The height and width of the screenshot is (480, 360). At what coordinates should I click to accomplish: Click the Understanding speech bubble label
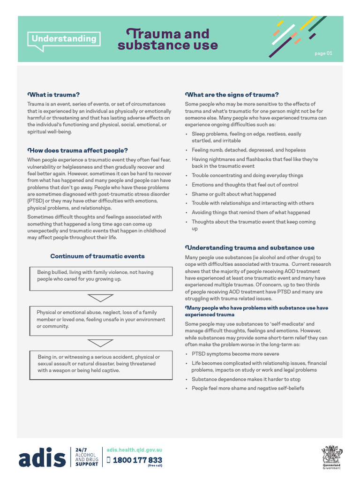pyautogui.click(x=64, y=39)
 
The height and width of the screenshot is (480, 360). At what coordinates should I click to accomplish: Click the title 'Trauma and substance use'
pyautogui.click(x=168, y=39)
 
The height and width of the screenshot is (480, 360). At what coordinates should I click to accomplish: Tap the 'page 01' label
pyautogui.click(x=323, y=53)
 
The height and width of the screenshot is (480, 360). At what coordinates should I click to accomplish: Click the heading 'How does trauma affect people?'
pyautogui.click(x=77, y=150)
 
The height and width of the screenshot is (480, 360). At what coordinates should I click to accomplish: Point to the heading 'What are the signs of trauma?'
pyautogui.click(x=232, y=94)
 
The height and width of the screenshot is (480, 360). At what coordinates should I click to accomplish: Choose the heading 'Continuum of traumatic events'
pyautogui.click(x=97, y=256)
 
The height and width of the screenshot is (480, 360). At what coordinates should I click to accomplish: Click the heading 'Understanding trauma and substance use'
pyautogui.click(x=250, y=247)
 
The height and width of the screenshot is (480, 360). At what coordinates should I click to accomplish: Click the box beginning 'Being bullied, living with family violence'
pyautogui.click(x=101, y=278)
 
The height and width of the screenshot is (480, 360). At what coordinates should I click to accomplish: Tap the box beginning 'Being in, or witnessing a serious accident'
pyautogui.click(x=101, y=364)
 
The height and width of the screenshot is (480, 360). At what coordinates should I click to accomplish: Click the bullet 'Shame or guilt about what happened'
pyautogui.click(x=233, y=194)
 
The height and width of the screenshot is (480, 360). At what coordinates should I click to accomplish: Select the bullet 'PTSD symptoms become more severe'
pyautogui.click(x=235, y=354)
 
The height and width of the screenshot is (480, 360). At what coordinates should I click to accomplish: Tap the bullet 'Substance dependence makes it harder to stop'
pyautogui.click(x=246, y=379)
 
